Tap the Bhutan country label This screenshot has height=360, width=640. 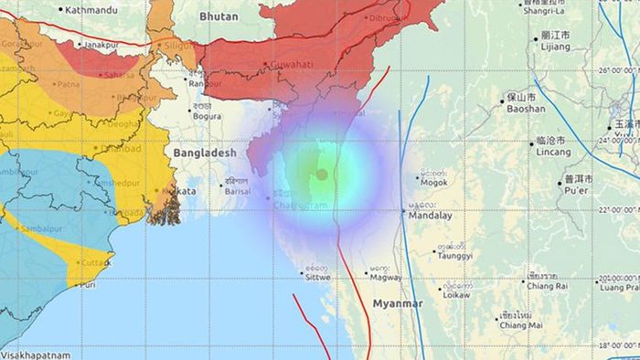(219, 16)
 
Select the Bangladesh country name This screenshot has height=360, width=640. (204, 154)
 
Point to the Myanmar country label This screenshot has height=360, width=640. (397, 302)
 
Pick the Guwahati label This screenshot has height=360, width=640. (289, 64)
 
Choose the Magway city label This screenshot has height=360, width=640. (387, 272)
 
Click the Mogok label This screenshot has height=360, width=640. (433, 182)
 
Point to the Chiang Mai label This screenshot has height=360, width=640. (522, 325)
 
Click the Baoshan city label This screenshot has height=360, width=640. (526, 108)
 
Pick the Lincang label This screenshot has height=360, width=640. (552, 152)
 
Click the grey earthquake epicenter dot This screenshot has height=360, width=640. (322, 174)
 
